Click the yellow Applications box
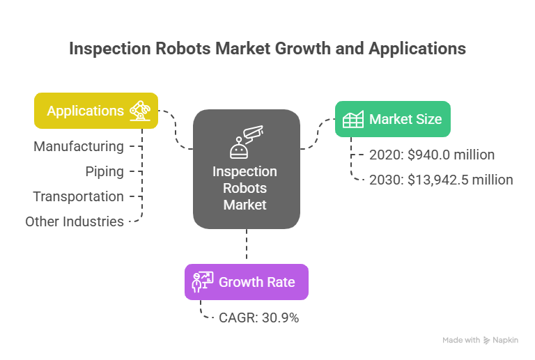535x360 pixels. click(96, 111)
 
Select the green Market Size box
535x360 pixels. click(393, 119)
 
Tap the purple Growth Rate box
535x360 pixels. click(247, 282)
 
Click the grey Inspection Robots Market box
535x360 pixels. click(247, 169)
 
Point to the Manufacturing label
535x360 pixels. click(79, 147)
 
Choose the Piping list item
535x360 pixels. click(104, 172)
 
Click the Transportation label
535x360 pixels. click(78, 196)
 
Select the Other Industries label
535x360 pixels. click(75, 221)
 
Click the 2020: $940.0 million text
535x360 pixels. click(432, 155)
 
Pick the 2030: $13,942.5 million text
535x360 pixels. click(441, 180)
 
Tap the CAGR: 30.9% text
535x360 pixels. click(258, 318)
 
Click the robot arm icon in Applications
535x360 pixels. click(140, 111)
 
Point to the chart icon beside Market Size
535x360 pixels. click(353, 119)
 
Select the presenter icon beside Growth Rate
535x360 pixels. click(202, 282)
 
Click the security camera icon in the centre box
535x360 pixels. click(253, 133)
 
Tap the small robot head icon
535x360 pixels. click(239, 148)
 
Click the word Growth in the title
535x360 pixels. click(303, 49)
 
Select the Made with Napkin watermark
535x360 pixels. click(480, 340)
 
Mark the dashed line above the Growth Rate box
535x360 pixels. click(247, 244)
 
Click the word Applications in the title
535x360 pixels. click(417, 49)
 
